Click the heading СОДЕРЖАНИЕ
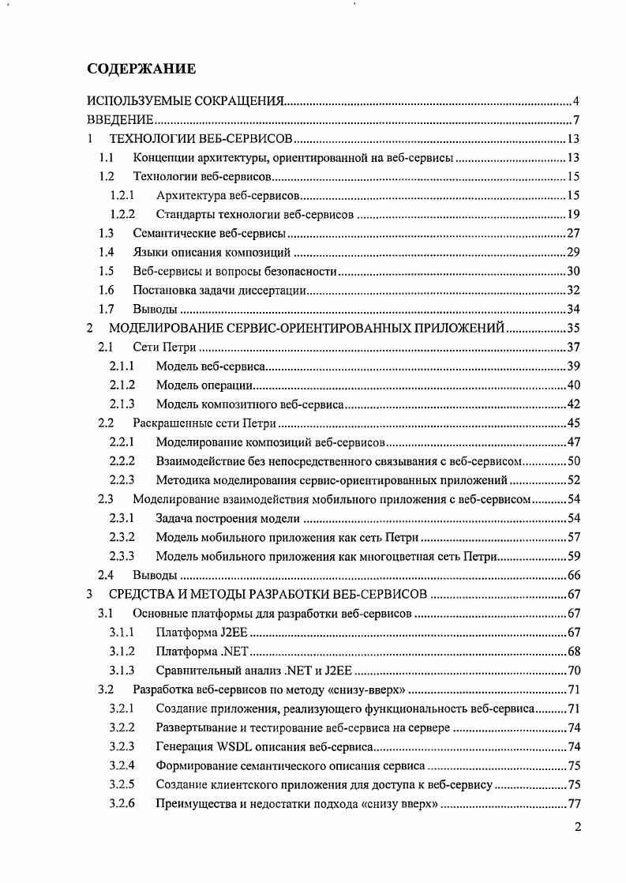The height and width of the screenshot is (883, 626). (x=141, y=70)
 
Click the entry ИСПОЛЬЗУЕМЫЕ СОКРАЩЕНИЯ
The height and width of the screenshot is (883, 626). (x=185, y=102)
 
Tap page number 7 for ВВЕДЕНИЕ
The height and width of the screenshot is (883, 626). (x=577, y=121)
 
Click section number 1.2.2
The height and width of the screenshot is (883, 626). (x=122, y=214)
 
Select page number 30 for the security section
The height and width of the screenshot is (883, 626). (x=574, y=271)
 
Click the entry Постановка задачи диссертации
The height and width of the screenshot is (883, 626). (x=219, y=290)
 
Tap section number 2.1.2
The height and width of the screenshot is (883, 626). (x=122, y=385)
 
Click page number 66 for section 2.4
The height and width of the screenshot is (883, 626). (x=574, y=575)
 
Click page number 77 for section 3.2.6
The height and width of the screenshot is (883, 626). (x=574, y=803)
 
